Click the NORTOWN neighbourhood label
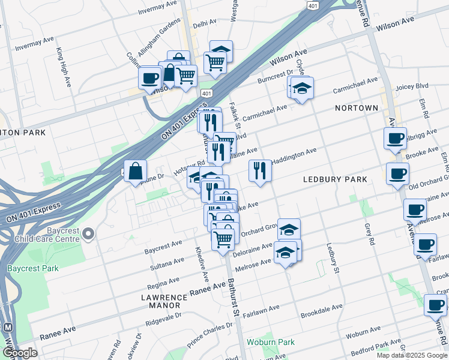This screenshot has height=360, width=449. pos(357,108)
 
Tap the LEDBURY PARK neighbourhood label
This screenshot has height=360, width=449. pos(334,179)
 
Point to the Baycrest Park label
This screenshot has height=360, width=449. pos(33,268)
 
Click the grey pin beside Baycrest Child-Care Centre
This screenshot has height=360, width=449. pos(89,233)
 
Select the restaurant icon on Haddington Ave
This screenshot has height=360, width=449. pos(260,170)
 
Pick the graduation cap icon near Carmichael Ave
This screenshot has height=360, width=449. pos(303,89)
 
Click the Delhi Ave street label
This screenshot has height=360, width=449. pos(205,22)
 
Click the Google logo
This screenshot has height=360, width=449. pos(20,353)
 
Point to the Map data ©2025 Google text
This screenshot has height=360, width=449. pos(411,355)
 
